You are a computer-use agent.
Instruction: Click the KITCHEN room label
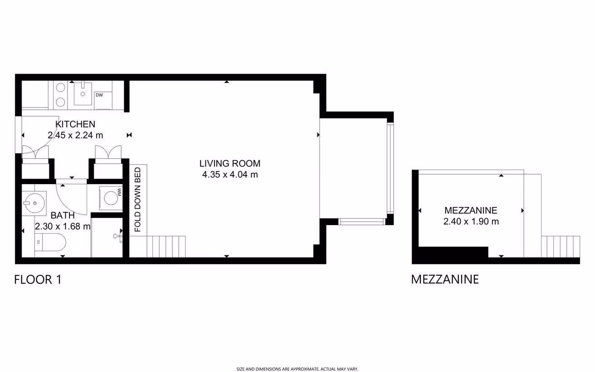point(75,124)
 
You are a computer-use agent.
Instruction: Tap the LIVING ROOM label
point(230,163)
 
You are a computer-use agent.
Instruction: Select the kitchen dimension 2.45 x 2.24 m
point(75,135)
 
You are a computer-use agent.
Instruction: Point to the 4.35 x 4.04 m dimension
point(230,175)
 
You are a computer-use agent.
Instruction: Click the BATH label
point(63,215)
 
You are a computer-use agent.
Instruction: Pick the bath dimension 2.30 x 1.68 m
point(63,226)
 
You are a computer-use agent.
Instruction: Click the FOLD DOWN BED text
point(137,200)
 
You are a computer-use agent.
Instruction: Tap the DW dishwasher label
point(99,95)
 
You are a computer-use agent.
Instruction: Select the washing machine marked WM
point(111,198)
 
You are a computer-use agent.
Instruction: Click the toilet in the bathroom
point(50,242)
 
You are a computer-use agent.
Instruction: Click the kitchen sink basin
point(83,93)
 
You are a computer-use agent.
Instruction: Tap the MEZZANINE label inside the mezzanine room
point(471,210)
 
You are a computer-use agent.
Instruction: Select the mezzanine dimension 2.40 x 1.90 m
point(471,221)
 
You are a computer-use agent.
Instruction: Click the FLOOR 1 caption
point(38,279)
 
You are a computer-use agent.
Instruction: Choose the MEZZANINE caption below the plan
point(445,279)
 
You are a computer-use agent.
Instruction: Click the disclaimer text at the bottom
point(297,369)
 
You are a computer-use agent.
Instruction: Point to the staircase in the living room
point(166,247)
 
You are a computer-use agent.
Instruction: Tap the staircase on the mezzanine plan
point(561,247)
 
